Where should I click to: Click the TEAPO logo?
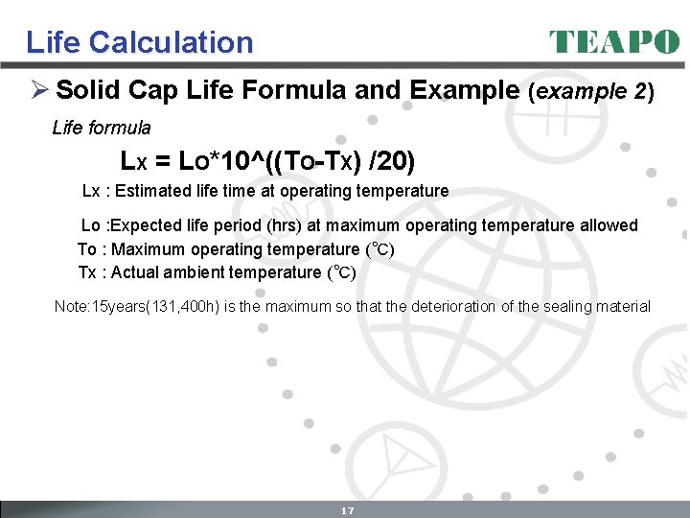613,41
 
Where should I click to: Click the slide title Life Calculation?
140,42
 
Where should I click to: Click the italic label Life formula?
102,128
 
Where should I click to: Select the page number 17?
348,510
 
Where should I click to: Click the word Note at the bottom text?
71,307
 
